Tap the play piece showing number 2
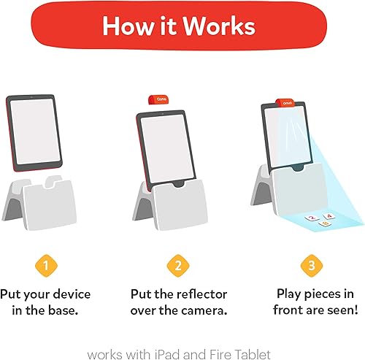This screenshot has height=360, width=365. [311, 218]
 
